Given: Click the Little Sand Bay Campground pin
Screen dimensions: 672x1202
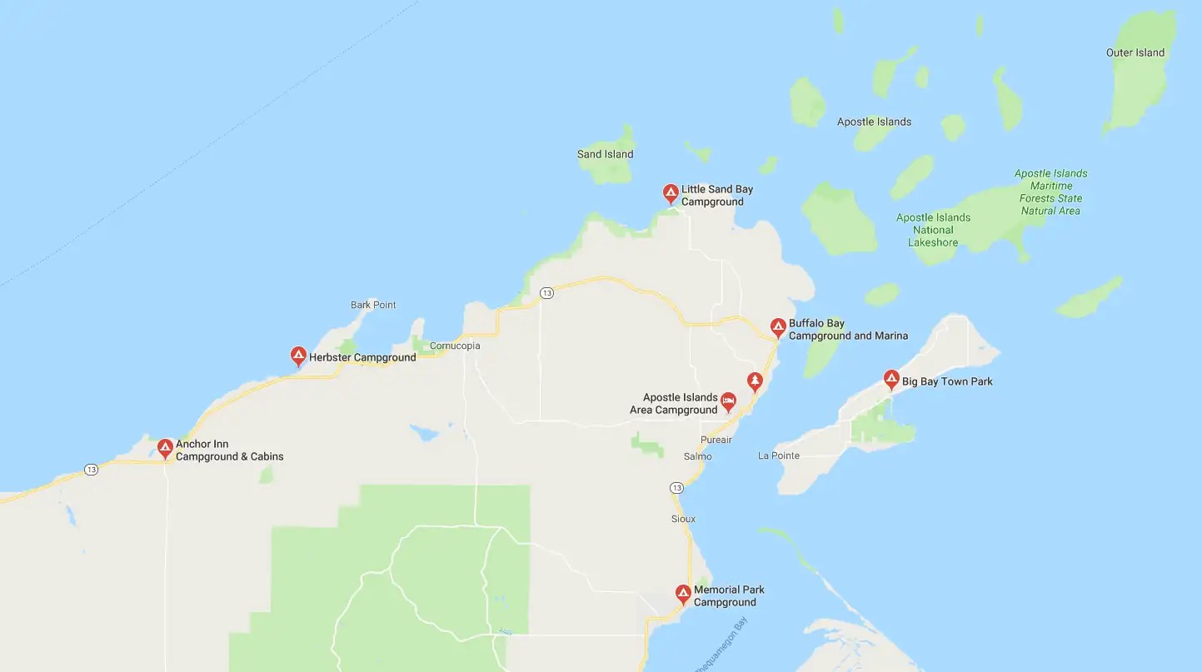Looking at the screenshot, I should tap(671, 194).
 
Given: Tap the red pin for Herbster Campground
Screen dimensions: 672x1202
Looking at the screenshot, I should tap(298, 356).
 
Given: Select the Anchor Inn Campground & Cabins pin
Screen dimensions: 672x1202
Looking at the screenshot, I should tap(166, 449).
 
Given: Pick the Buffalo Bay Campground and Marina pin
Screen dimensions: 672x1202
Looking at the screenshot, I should tap(778, 327).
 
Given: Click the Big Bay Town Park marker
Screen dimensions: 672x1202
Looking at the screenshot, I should tap(891, 380).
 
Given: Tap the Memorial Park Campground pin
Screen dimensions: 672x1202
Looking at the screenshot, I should tap(683, 594).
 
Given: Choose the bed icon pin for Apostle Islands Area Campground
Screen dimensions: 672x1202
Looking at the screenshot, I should tap(728, 402).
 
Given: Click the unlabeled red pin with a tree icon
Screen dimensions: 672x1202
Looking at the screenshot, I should tap(755, 381).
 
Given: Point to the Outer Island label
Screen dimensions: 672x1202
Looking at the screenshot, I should tap(1135, 52).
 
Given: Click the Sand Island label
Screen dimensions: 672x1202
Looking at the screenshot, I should tap(605, 154).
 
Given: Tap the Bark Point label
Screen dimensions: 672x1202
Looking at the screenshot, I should tap(373, 305).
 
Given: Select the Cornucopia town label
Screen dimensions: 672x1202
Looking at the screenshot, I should tap(455, 346).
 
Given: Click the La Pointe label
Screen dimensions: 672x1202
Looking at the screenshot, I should tap(779, 455).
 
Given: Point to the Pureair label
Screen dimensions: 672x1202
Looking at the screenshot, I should tap(716, 439).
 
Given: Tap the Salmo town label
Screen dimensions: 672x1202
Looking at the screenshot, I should tap(698, 456).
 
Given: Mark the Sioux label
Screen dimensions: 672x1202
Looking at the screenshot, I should tap(683, 519).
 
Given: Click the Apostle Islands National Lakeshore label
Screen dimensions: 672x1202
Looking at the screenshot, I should tap(933, 230).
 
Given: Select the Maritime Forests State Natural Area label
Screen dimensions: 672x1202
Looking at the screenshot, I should tap(1050, 192).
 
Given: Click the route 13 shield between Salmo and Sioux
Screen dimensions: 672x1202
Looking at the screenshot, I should tap(676, 487).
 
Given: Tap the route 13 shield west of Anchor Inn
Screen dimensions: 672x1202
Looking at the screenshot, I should tap(91, 470).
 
